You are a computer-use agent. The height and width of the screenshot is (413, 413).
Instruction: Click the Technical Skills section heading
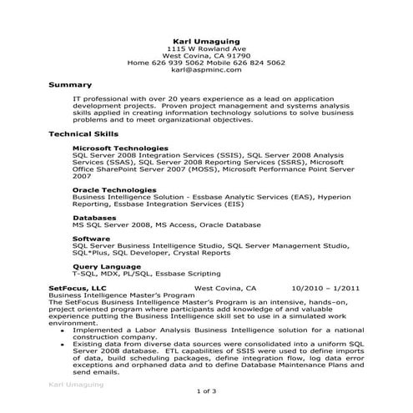click(x=83, y=133)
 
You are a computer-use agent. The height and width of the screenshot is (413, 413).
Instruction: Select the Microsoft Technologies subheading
click(x=120, y=148)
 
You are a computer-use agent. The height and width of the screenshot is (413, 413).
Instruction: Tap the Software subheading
click(x=92, y=239)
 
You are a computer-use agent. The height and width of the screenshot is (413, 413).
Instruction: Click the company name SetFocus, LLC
click(x=78, y=288)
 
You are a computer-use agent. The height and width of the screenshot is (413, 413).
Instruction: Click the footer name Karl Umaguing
click(x=76, y=386)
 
